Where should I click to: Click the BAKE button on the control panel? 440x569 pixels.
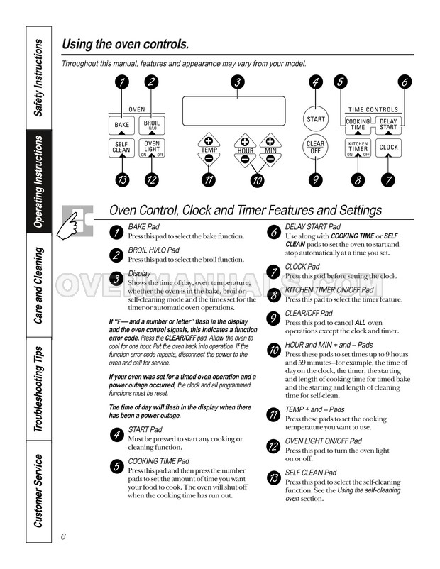121,125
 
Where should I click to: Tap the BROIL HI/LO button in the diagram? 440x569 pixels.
150,125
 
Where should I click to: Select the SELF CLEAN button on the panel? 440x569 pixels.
121,148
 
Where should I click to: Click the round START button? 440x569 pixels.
316,119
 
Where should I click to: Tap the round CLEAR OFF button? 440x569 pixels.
316,148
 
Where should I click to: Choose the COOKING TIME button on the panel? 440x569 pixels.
358,124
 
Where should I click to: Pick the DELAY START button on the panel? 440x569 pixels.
388,124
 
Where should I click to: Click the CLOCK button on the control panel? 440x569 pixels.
388,148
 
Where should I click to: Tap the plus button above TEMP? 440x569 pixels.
209,140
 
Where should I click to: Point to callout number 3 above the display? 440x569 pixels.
237,82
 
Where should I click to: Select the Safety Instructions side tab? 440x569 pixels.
39,78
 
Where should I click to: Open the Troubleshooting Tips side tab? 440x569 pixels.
39,389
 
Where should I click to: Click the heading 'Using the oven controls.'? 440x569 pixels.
126,45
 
